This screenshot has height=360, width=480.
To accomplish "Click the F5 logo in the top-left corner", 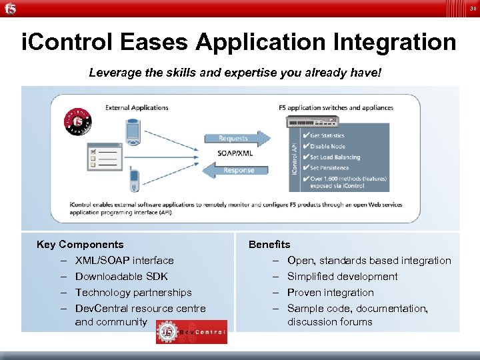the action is [x=10, y=8].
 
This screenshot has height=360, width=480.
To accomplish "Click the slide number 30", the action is [x=473, y=9].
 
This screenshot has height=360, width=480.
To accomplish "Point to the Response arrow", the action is [x=239, y=170].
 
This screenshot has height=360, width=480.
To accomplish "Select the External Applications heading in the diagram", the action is [x=137, y=107].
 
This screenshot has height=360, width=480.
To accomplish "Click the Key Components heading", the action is [x=80, y=245].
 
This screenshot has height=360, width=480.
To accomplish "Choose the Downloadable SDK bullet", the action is [x=121, y=277].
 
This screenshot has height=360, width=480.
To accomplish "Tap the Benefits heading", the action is [x=269, y=245].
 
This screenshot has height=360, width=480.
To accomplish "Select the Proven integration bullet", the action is [x=330, y=293].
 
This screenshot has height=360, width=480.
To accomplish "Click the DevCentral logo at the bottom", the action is [x=191, y=331].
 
